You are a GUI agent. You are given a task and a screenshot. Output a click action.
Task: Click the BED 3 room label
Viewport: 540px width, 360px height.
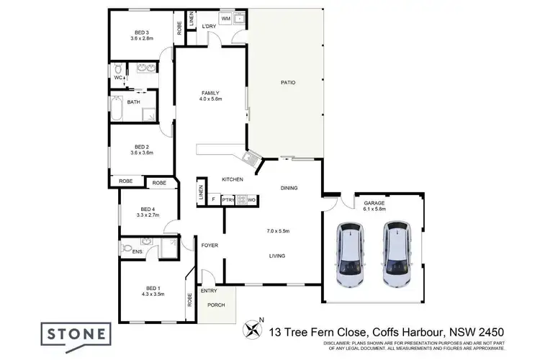coord(142,32)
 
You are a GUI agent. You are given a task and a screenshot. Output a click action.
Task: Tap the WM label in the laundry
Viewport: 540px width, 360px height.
coord(225,17)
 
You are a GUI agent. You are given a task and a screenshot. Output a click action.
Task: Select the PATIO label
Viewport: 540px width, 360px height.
coord(288,82)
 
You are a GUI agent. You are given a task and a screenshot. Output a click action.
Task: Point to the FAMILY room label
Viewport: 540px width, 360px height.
coord(210,93)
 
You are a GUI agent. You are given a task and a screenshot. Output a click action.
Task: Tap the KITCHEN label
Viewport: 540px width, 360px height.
coord(232,179)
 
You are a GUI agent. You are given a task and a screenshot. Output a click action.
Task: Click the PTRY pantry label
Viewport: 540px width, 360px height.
coord(228,199)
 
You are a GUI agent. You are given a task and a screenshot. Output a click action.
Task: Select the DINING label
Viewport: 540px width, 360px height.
coord(289,188)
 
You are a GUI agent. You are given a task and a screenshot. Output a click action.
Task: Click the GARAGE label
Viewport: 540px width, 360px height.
coord(374,204)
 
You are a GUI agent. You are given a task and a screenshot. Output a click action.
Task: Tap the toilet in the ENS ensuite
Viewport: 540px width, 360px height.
coord(128,249)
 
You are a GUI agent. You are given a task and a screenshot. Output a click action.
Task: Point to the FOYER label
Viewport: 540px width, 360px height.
coord(210,246)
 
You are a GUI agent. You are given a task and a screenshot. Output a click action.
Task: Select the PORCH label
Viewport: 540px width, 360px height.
coord(216,305)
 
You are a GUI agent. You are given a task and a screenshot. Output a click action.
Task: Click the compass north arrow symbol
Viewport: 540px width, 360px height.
coord(253,330)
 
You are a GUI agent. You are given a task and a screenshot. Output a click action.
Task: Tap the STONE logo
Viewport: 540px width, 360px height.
coord(80,334)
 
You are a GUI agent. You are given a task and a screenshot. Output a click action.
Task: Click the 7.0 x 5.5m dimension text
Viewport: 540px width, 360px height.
coord(278,231)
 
